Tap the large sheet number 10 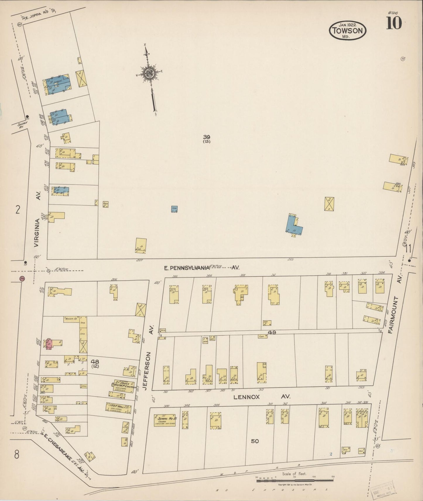coord(394,23)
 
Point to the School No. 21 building coord(165,420)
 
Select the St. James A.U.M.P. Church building coord(124,386)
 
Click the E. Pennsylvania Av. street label coord(201,267)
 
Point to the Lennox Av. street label coord(261,397)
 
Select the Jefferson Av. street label coord(148,371)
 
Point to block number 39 coord(207,137)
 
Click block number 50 coord(255,441)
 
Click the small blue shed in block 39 coord(174,209)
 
